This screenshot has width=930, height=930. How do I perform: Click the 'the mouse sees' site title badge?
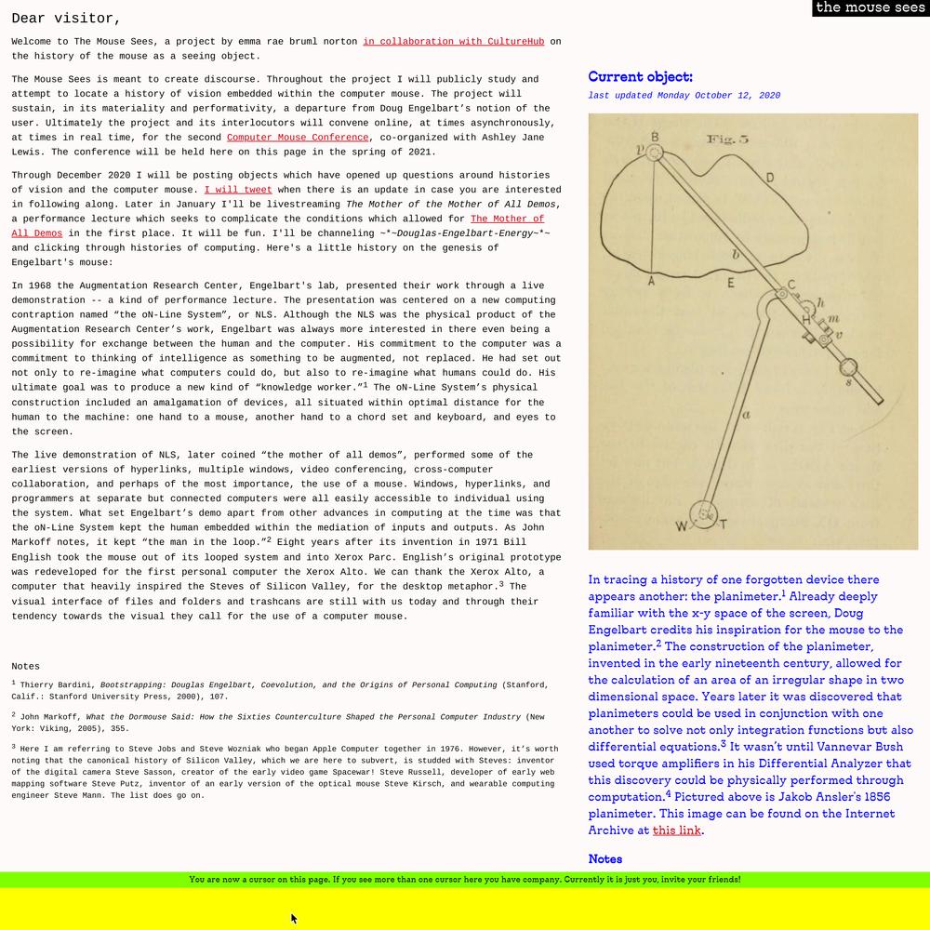[x=870, y=8]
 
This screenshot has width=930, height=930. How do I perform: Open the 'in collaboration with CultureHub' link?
[x=455, y=42]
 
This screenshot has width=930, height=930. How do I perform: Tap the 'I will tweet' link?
[x=238, y=190]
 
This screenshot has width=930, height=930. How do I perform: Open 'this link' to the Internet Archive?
[x=676, y=830]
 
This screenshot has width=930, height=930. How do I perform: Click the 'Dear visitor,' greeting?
[x=66, y=19]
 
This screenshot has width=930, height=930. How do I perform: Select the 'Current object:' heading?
[x=640, y=77]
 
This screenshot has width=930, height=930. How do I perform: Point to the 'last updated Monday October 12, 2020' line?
[x=684, y=96]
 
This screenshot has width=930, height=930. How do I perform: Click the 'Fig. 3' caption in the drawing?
[x=727, y=139]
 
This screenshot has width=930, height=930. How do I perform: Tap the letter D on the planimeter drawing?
[x=770, y=178]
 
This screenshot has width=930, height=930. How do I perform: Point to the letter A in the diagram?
[x=651, y=281]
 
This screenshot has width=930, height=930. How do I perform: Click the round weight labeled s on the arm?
[x=847, y=367]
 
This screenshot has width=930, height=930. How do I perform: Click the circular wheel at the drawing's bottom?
[x=704, y=513]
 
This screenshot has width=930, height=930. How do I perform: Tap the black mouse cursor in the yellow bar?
[x=294, y=919]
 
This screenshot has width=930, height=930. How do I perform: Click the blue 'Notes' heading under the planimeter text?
[x=604, y=859]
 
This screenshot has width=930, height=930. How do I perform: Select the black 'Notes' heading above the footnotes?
[x=26, y=667]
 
